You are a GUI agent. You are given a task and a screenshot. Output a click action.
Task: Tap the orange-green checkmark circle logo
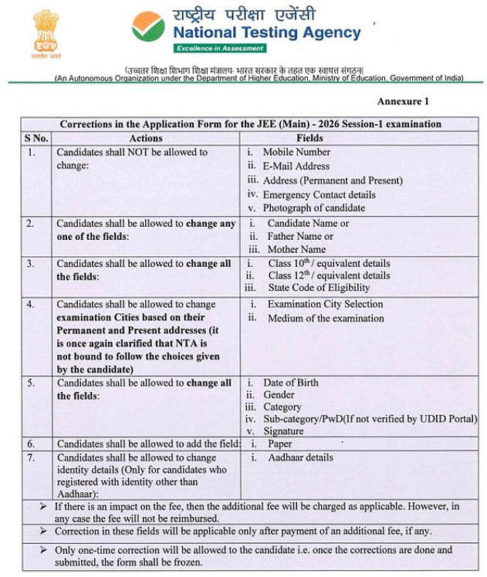[148, 26]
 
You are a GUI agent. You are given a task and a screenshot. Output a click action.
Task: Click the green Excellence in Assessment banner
[219, 49]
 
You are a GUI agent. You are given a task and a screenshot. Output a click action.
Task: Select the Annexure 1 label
[402, 101]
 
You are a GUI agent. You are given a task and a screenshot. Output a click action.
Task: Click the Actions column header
[147, 137]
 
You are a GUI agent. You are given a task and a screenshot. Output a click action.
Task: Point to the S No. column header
[36, 137]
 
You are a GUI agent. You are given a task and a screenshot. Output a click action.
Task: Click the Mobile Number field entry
[296, 152]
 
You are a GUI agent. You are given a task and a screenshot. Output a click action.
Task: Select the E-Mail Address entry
[296, 166]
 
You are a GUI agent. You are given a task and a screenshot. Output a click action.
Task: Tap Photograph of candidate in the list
[313, 208]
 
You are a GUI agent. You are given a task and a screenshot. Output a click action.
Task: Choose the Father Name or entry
[300, 236]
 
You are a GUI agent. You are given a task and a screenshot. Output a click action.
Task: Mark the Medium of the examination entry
[325, 318]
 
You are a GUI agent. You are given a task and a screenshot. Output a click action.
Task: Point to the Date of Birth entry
[290, 383]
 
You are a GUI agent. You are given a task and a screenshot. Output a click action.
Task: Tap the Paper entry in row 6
[279, 444]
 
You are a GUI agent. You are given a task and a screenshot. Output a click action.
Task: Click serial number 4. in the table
[31, 305]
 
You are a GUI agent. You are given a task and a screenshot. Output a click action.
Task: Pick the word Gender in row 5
[279, 394]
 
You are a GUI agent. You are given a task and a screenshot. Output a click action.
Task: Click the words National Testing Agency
[266, 32]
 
